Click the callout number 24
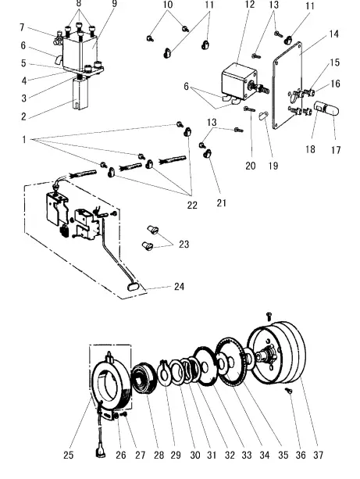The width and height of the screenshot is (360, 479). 179,287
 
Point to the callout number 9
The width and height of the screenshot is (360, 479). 114,5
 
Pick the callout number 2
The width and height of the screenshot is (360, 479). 23,116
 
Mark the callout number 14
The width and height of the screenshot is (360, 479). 334,34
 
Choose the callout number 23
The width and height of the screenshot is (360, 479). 184,245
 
